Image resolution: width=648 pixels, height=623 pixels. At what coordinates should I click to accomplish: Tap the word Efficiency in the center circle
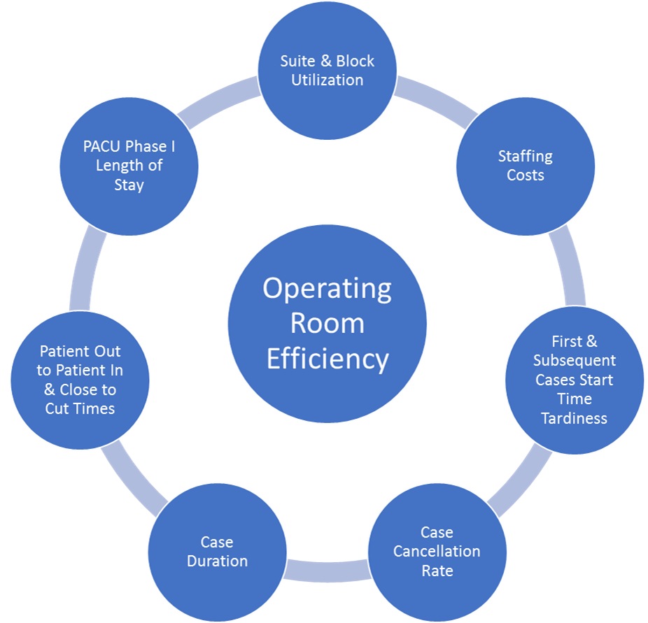tap(327, 359)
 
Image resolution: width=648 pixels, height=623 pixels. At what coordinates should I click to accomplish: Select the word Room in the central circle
tap(327, 324)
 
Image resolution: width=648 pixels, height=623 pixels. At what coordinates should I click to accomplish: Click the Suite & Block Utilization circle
tap(327, 70)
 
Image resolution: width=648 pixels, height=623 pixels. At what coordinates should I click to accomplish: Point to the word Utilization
tap(327, 80)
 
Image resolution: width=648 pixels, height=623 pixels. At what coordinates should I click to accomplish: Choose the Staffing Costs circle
tap(526, 166)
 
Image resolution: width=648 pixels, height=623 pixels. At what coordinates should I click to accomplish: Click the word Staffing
tap(526, 156)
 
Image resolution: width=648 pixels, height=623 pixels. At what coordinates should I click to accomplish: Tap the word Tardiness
tap(575, 418)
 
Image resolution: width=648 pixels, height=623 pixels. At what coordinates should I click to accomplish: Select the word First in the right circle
tap(565, 342)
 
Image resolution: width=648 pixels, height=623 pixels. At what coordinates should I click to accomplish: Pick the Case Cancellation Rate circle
tap(437, 552)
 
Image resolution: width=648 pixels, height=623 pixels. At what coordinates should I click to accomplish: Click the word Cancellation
tap(437, 552)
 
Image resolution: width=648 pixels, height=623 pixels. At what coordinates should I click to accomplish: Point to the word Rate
tap(437, 571)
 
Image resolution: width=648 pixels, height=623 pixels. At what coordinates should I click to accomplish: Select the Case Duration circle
tap(217, 552)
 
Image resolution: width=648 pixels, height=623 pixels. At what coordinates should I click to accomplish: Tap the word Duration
tap(217, 561)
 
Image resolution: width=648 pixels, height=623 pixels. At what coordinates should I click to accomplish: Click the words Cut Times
tap(80, 408)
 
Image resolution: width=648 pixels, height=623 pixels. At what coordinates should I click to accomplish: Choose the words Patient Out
tap(80, 351)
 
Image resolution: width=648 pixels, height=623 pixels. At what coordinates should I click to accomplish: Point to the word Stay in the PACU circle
tap(129, 185)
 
